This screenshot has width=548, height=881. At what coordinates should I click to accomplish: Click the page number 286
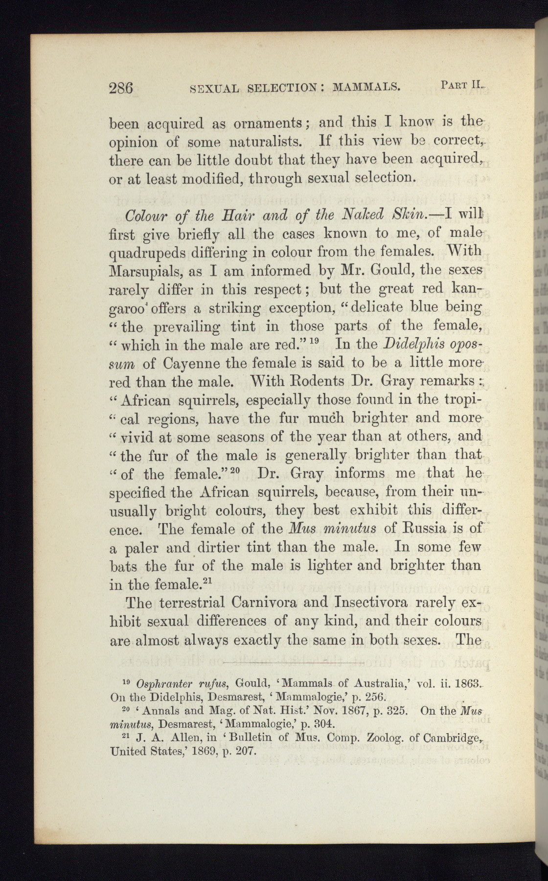coord(121,88)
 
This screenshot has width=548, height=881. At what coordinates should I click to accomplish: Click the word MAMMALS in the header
coord(366,88)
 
